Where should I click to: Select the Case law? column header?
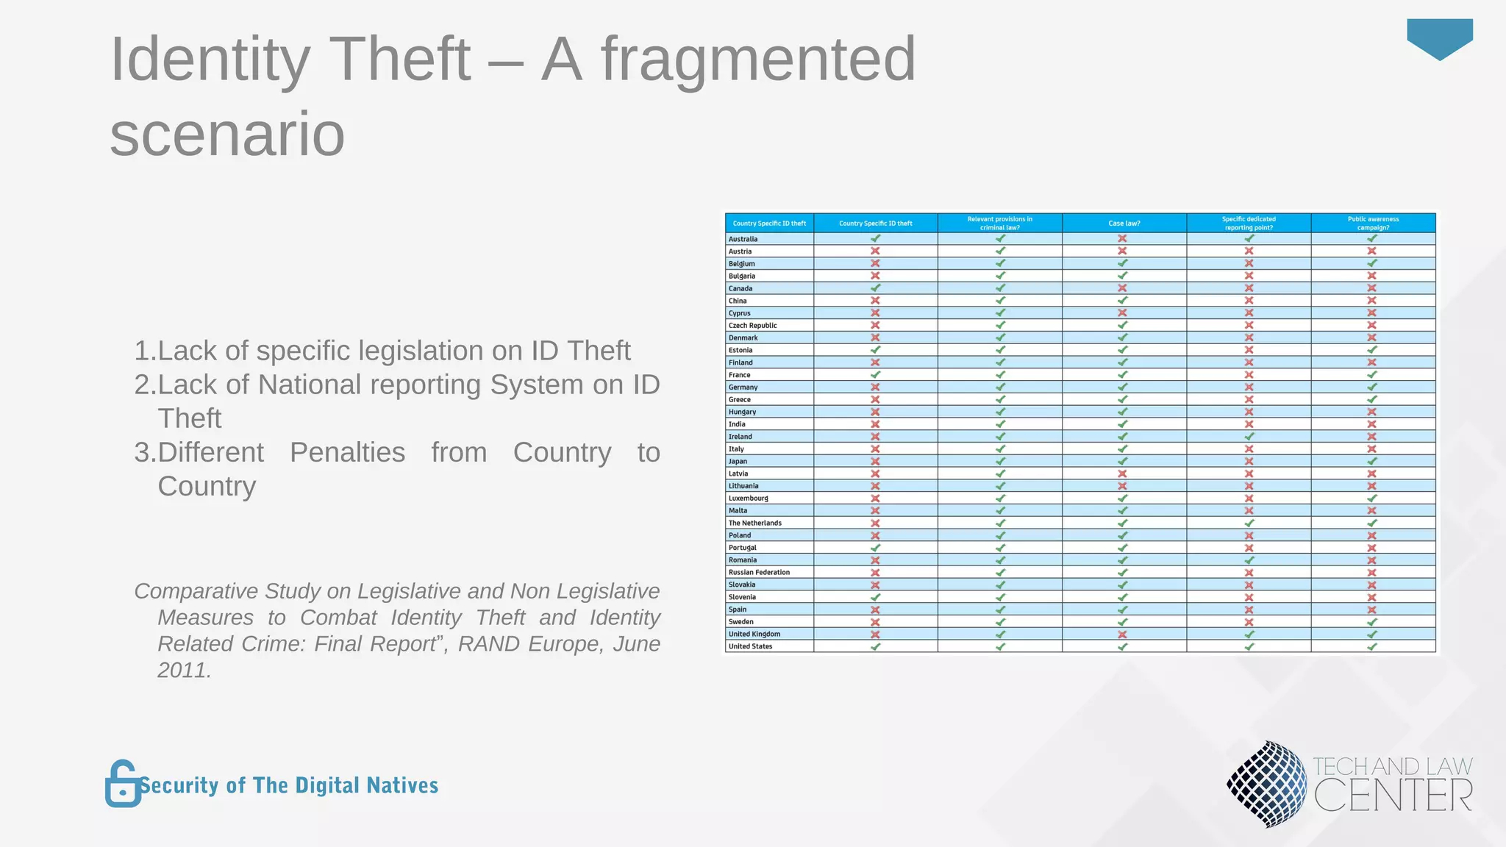click(1124, 224)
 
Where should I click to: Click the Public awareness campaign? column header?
click(1372, 224)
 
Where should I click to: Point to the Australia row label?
click(743, 239)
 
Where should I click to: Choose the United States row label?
click(750, 646)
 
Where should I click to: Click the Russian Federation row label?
click(759, 572)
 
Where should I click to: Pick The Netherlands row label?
click(754, 523)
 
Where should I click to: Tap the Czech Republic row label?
click(752, 325)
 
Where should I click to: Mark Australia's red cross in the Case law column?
click(1122, 238)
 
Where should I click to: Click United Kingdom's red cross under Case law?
click(1122, 634)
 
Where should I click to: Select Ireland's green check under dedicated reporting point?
click(1249, 436)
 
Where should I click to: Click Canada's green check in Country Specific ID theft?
click(875, 288)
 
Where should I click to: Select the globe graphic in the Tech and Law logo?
click(1266, 784)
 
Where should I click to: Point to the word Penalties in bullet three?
click(347, 452)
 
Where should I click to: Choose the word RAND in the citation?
click(488, 643)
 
